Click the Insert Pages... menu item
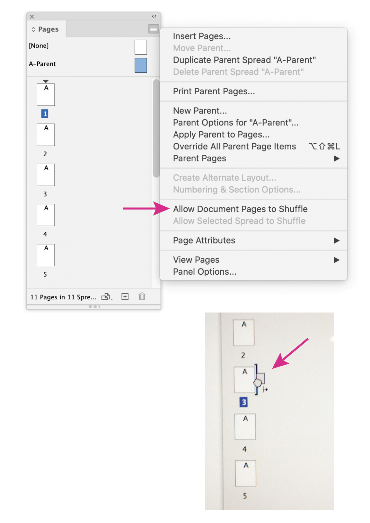click(202, 36)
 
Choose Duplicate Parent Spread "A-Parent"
click(244, 60)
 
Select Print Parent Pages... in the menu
click(214, 91)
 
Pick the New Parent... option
click(200, 111)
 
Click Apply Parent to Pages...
click(221, 134)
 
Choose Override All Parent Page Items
click(234, 146)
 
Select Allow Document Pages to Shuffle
click(240, 209)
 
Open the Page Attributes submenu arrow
click(336, 240)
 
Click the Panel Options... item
click(205, 271)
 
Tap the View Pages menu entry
click(196, 260)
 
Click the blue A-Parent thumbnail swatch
click(141, 65)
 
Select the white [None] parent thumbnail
click(141, 47)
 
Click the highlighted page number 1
click(45, 114)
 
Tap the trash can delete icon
click(142, 296)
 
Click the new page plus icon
click(125, 296)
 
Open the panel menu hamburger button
click(154, 29)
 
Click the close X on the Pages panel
click(32, 16)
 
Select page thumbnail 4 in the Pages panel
click(46, 215)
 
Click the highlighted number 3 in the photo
click(244, 402)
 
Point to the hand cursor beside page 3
click(259, 382)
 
